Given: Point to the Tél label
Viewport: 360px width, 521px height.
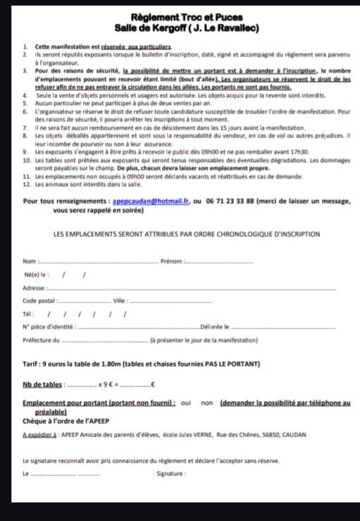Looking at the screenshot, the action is coord(28,314).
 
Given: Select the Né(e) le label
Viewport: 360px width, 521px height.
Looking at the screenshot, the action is coord(36,275).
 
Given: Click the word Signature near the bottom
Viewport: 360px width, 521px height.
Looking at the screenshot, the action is coord(172,474).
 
